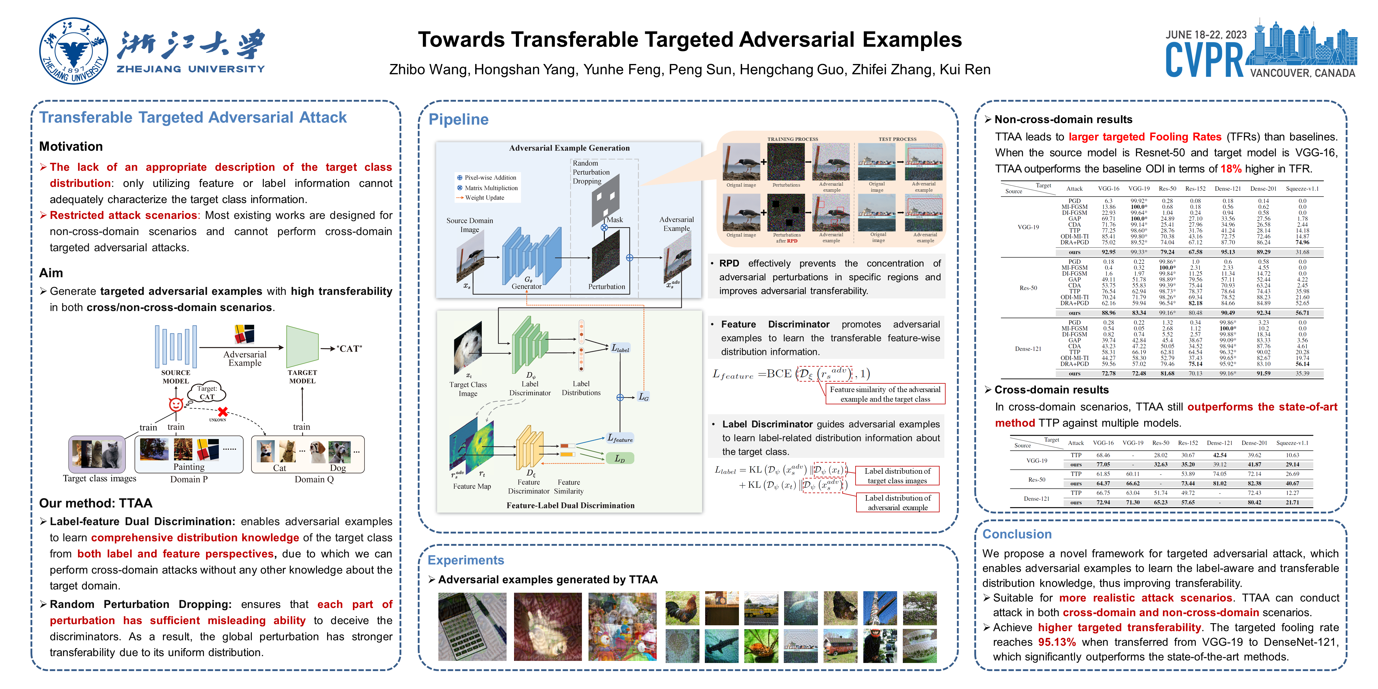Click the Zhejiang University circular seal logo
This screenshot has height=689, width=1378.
74,51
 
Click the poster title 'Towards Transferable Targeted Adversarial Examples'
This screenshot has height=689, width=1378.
690,39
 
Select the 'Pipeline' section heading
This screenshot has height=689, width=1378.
458,119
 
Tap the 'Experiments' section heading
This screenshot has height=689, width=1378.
465,560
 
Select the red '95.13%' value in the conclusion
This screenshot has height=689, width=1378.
1057,642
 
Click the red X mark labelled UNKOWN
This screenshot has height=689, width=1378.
222,411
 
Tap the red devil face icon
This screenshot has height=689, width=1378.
176,404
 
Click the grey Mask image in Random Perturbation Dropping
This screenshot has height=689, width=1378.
605,199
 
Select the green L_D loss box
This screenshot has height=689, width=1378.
619,458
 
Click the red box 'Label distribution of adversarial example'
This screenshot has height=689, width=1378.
897,502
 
